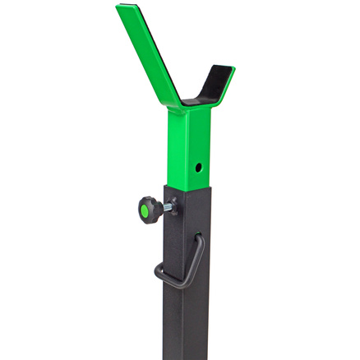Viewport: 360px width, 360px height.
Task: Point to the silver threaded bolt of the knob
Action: tap(165, 207)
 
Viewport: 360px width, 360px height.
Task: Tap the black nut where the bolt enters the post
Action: tap(172, 205)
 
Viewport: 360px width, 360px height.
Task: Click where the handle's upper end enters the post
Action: tap(197, 238)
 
